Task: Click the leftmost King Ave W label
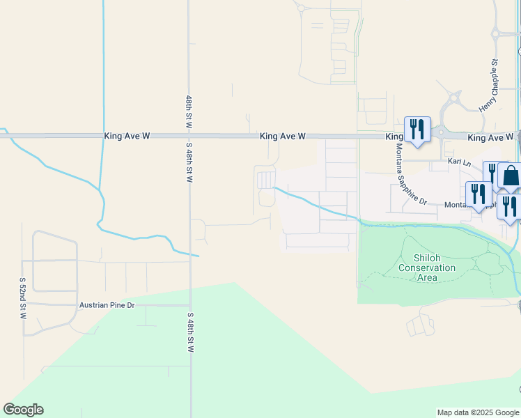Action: pos(127,137)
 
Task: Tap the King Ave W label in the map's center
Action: pos(283,137)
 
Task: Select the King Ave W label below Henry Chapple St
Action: pos(490,137)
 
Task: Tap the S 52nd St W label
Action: pos(22,298)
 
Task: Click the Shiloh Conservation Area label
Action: pos(427,268)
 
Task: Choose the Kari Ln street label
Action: pos(460,163)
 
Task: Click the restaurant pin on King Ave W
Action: pos(417,130)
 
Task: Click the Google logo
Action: pos(24,410)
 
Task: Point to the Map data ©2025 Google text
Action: pos(477,412)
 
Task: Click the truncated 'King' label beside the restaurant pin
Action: pos(395,137)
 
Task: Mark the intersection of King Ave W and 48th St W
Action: pos(189,137)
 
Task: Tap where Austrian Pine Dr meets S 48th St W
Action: pos(189,305)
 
